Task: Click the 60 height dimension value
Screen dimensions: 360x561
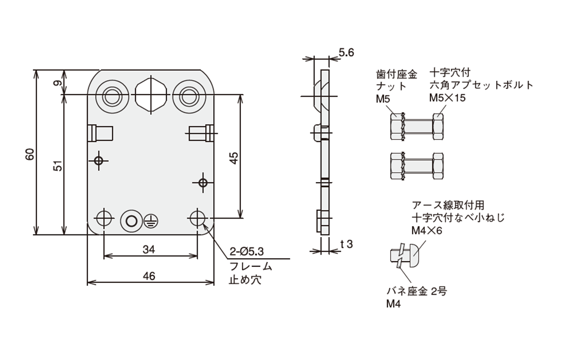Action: point(30,153)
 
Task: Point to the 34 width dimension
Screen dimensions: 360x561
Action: point(149,250)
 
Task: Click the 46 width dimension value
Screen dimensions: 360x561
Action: point(149,276)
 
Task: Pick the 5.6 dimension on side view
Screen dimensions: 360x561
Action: point(346,52)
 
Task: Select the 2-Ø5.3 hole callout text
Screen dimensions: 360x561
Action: point(247,252)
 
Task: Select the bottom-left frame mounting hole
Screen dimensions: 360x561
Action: point(104,218)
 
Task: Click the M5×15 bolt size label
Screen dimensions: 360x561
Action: point(447,98)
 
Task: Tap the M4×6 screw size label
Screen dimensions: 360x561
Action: point(427,230)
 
